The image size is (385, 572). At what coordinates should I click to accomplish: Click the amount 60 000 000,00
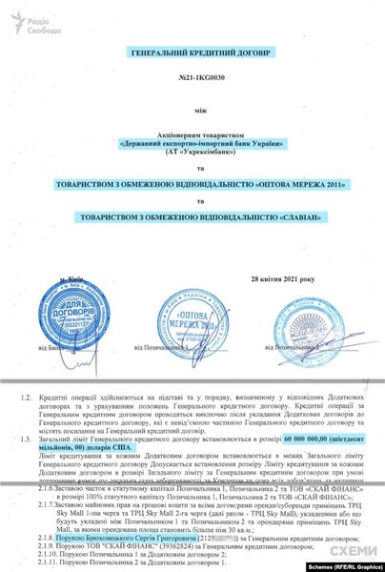pyautogui.click(x=295, y=418)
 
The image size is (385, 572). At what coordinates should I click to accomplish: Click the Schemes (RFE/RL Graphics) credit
pyautogui.click(x=334, y=564)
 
